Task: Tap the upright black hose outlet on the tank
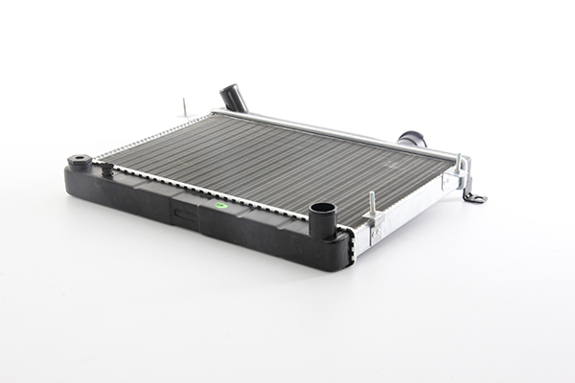[x=322, y=221]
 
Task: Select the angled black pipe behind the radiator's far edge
[x=235, y=99]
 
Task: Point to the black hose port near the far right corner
[x=412, y=140]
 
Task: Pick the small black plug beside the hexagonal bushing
[x=106, y=169]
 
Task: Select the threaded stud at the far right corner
[x=461, y=163]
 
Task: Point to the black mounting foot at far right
[x=474, y=196]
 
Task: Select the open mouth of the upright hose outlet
[x=322, y=208]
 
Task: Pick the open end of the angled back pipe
[x=228, y=89]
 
